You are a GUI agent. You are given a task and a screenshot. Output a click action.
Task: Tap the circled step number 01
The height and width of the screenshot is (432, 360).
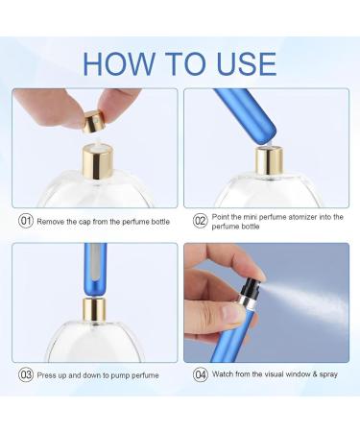(x=25, y=221)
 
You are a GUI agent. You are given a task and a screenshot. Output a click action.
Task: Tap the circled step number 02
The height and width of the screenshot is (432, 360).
(x=201, y=221)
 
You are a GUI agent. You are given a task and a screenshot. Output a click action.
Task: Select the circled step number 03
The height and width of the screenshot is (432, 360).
(x=25, y=374)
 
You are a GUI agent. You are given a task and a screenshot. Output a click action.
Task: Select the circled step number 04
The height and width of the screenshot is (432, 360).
(x=201, y=374)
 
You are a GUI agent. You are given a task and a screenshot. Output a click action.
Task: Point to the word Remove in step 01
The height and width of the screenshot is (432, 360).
(x=53, y=221)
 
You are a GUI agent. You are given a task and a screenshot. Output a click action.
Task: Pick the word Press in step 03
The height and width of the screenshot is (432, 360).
(x=49, y=374)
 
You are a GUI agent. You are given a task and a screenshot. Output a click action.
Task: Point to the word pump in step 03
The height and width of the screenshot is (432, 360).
(x=119, y=374)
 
